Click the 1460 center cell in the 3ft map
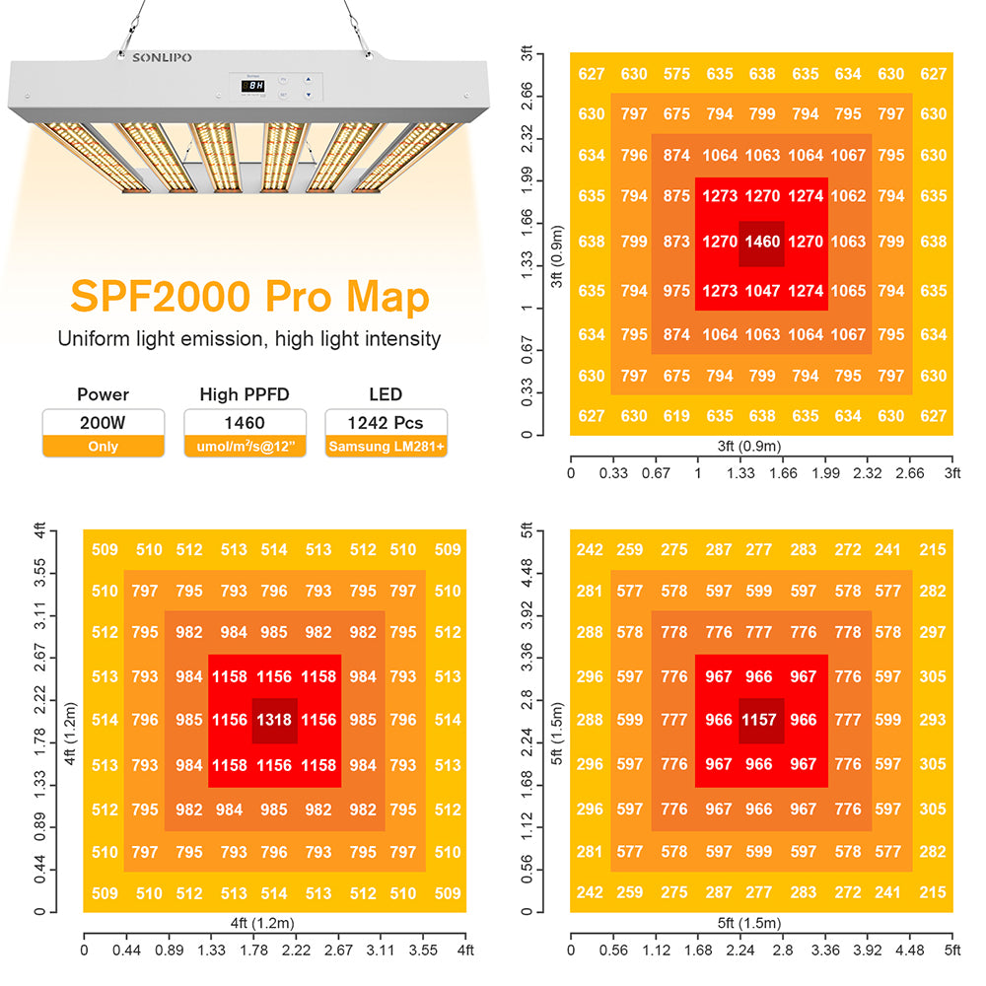pos(761,242)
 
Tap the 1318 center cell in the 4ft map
pos(274,721)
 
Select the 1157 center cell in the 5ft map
pos(761,721)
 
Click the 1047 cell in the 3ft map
pos(761,291)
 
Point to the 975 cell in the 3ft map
pos(676,291)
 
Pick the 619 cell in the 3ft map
pos(676,416)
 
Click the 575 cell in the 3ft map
pos(676,74)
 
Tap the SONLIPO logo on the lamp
pos(163,58)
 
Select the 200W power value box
pos(103,423)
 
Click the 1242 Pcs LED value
pos(386,423)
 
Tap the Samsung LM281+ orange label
pos(386,447)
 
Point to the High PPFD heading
pos(246,394)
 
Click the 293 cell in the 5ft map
pos(932,721)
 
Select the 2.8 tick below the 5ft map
pos(783,951)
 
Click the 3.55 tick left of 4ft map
pos(38,569)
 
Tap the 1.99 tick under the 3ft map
pos(825,473)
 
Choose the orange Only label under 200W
pos(103,447)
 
